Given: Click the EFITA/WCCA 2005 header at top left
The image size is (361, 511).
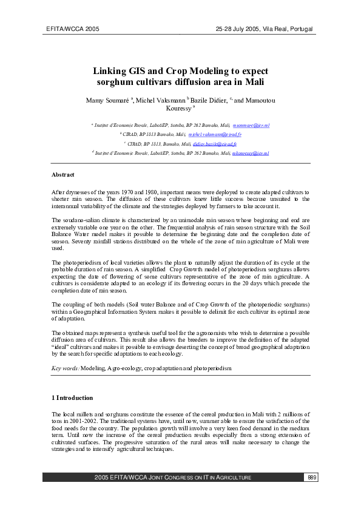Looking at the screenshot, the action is [72, 29].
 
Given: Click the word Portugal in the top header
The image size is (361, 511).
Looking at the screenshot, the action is [298, 29].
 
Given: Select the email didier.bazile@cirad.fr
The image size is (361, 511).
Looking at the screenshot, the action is [215, 144].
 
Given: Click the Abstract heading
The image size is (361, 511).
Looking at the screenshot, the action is [63, 175].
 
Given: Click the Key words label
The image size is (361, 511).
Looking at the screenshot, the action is [66, 368].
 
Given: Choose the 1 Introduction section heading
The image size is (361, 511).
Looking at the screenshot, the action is [72, 398].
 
